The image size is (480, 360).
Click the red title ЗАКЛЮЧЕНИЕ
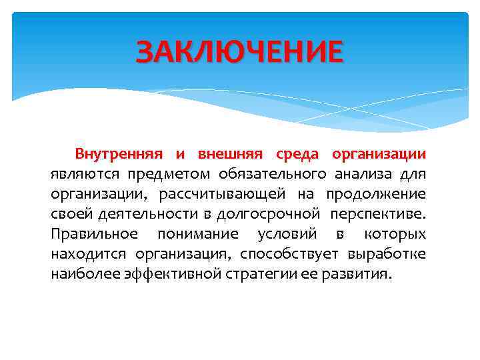pyautogui.click(x=240, y=51)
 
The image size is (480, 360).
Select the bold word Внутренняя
pyautogui.click(x=118, y=155)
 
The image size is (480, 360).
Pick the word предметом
pyautogui.click(x=168, y=175)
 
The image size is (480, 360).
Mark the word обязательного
pyautogui.click(x=271, y=175)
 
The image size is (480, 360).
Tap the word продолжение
pyautogui.click(x=375, y=195)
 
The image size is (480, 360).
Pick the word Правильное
pyautogui.click(x=94, y=235)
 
